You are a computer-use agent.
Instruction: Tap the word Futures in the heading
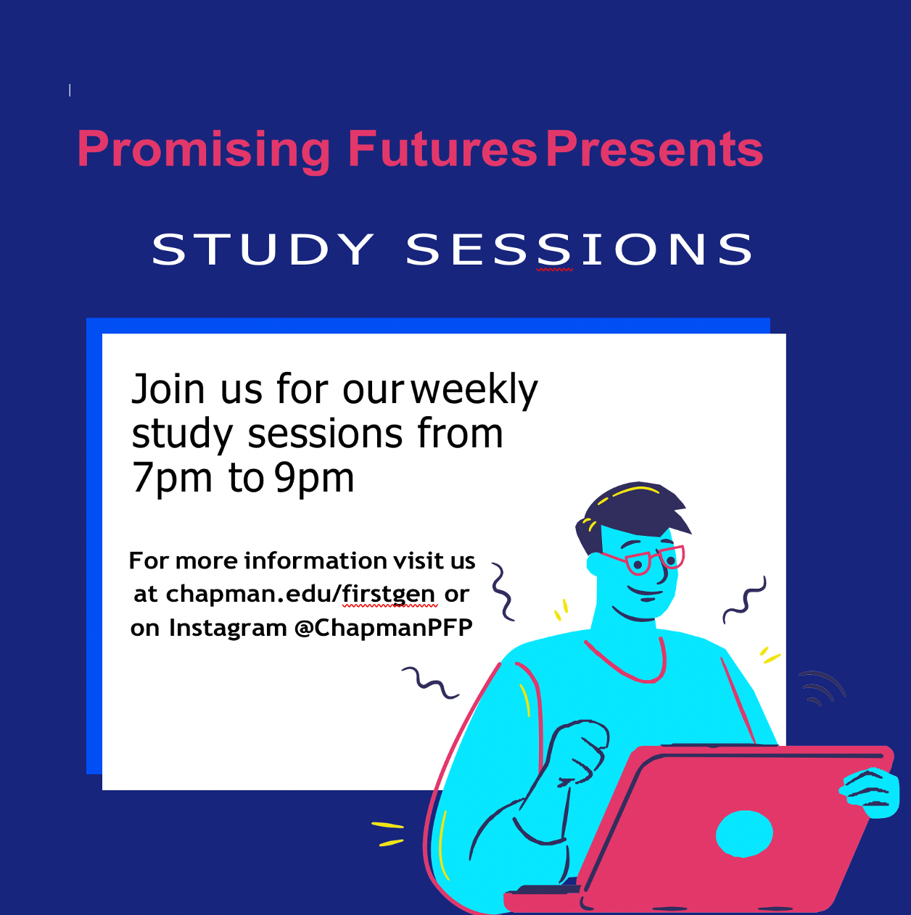[442, 149]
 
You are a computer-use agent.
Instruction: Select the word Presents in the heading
[654, 149]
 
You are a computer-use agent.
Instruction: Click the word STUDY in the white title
[263, 249]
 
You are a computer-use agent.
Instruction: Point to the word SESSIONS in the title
[580, 249]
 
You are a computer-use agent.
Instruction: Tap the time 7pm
[172, 478]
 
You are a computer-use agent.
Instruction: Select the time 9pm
[314, 478]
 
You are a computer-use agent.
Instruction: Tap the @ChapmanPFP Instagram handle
[384, 628]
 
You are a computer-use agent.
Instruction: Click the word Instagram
[228, 628]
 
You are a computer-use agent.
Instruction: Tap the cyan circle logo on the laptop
[743, 834]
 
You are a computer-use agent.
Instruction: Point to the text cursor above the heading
[70, 90]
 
